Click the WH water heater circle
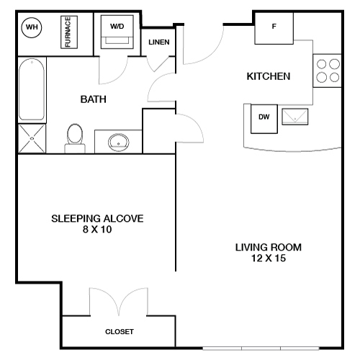click(x=32, y=28)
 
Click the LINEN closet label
click(x=159, y=42)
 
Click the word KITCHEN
click(x=268, y=76)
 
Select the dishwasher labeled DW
click(x=264, y=118)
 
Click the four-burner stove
click(x=328, y=71)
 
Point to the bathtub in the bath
click(x=32, y=90)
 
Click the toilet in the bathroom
click(x=75, y=138)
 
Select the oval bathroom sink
click(x=117, y=142)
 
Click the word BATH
click(x=94, y=99)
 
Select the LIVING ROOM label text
click(x=268, y=248)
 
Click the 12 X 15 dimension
click(x=268, y=259)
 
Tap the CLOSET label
click(x=120, y=332)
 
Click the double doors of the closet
click(x=118, y=302)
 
